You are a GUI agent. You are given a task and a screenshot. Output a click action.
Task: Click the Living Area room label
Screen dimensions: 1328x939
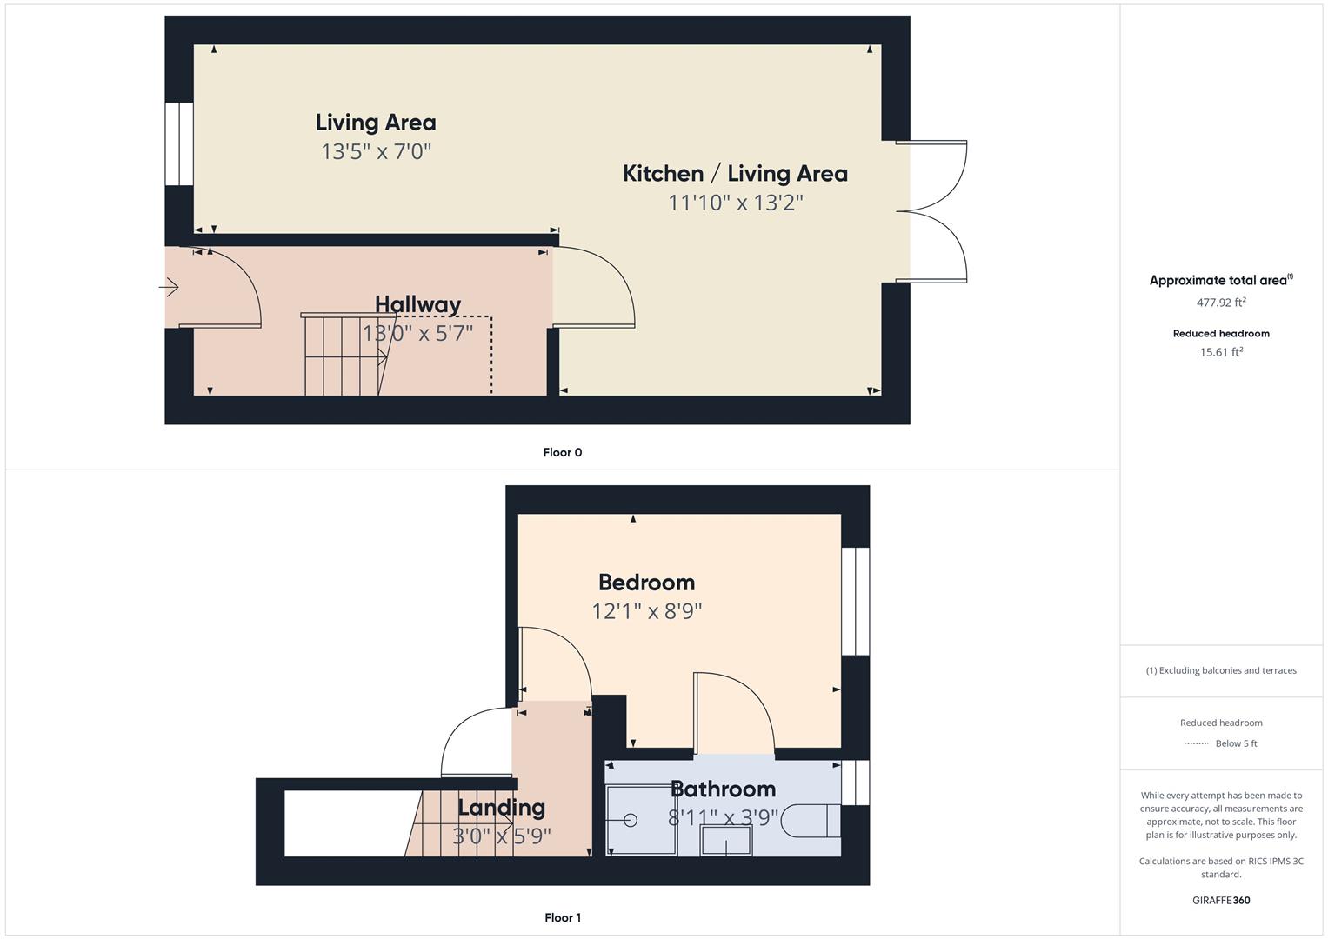pos(376,123)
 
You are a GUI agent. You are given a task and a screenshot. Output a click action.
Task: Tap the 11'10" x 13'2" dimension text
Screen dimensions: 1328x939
pos(736,203)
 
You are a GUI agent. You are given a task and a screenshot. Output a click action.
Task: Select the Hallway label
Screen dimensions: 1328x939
pos(418,304)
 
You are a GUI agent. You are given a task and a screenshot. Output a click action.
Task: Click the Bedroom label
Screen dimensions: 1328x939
pos(647,583)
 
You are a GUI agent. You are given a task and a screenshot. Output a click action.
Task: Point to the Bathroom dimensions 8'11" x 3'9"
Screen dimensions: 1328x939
pos(724,817)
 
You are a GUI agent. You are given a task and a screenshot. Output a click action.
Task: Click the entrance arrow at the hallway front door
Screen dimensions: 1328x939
pos(169,288)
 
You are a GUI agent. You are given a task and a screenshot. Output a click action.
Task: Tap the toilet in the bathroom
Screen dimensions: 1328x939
pos(811,821)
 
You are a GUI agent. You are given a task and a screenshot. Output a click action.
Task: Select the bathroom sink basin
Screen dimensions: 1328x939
pos(726,840)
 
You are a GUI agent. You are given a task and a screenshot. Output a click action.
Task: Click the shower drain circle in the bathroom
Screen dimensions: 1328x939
pos(631,821)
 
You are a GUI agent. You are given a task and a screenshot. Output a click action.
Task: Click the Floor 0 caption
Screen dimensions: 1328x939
pos(563,452)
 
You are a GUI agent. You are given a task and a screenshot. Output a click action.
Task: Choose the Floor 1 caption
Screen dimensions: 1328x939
pos(563,917)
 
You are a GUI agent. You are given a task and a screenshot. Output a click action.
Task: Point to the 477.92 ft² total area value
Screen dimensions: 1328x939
pos(1221,303)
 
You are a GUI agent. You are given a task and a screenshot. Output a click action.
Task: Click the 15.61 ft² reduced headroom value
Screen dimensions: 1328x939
pos(1221,352)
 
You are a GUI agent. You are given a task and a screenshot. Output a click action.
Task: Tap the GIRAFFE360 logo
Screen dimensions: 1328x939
pos(1221,901)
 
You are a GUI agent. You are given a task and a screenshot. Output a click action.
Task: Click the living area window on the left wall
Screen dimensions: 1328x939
pos(179,144)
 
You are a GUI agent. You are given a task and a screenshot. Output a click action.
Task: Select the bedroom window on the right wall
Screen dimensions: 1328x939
pos(856,601)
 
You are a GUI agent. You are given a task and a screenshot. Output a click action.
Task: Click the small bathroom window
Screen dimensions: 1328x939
pos(856,782)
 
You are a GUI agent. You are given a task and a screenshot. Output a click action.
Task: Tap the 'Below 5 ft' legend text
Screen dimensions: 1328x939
pos(1236,743)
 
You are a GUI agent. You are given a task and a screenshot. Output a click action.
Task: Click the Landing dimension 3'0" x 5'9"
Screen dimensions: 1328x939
pos(502,836)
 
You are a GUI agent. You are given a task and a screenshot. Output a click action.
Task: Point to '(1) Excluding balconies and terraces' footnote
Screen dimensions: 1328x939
pos(1221,670)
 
